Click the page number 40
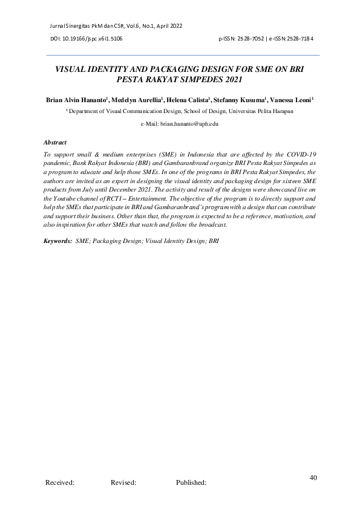click(313, 478)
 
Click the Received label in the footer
click(60, 483)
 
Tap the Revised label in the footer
click(123, 483)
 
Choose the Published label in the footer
click(191, 483)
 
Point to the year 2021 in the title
click(231, 79)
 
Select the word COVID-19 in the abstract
click(299, 155)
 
